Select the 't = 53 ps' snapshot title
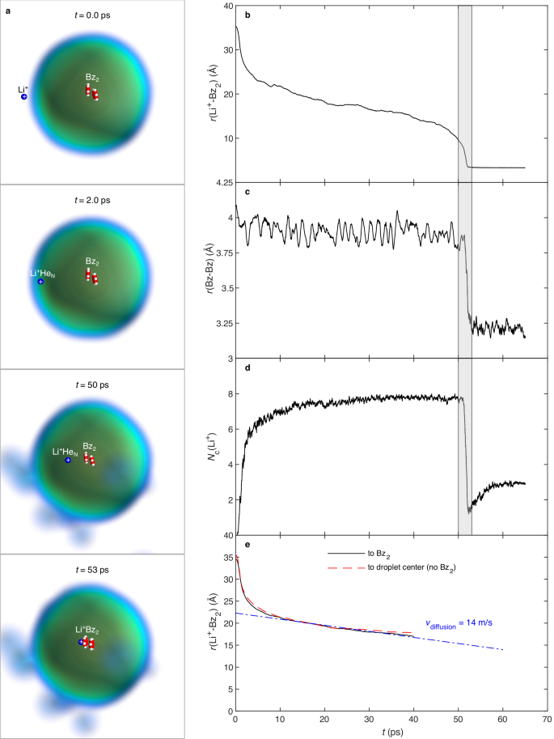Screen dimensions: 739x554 point(92,570)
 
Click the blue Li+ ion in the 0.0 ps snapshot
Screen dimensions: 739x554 point(24,96)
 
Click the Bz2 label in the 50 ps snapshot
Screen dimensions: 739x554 point(90,445)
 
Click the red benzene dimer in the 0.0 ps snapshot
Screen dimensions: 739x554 point(92,92)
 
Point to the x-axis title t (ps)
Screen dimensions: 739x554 point(391,733)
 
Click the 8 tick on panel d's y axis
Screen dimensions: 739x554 point(228,394)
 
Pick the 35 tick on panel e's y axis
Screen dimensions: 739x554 point(226,558)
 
